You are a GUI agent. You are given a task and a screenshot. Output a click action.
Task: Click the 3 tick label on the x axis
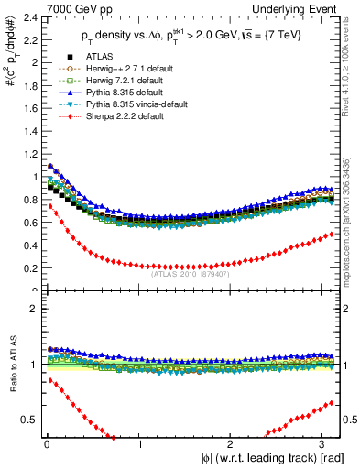pyautogui.click(x=323, y=444)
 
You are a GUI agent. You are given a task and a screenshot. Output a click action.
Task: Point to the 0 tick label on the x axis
pyautogui.click(x=46, y=444)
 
